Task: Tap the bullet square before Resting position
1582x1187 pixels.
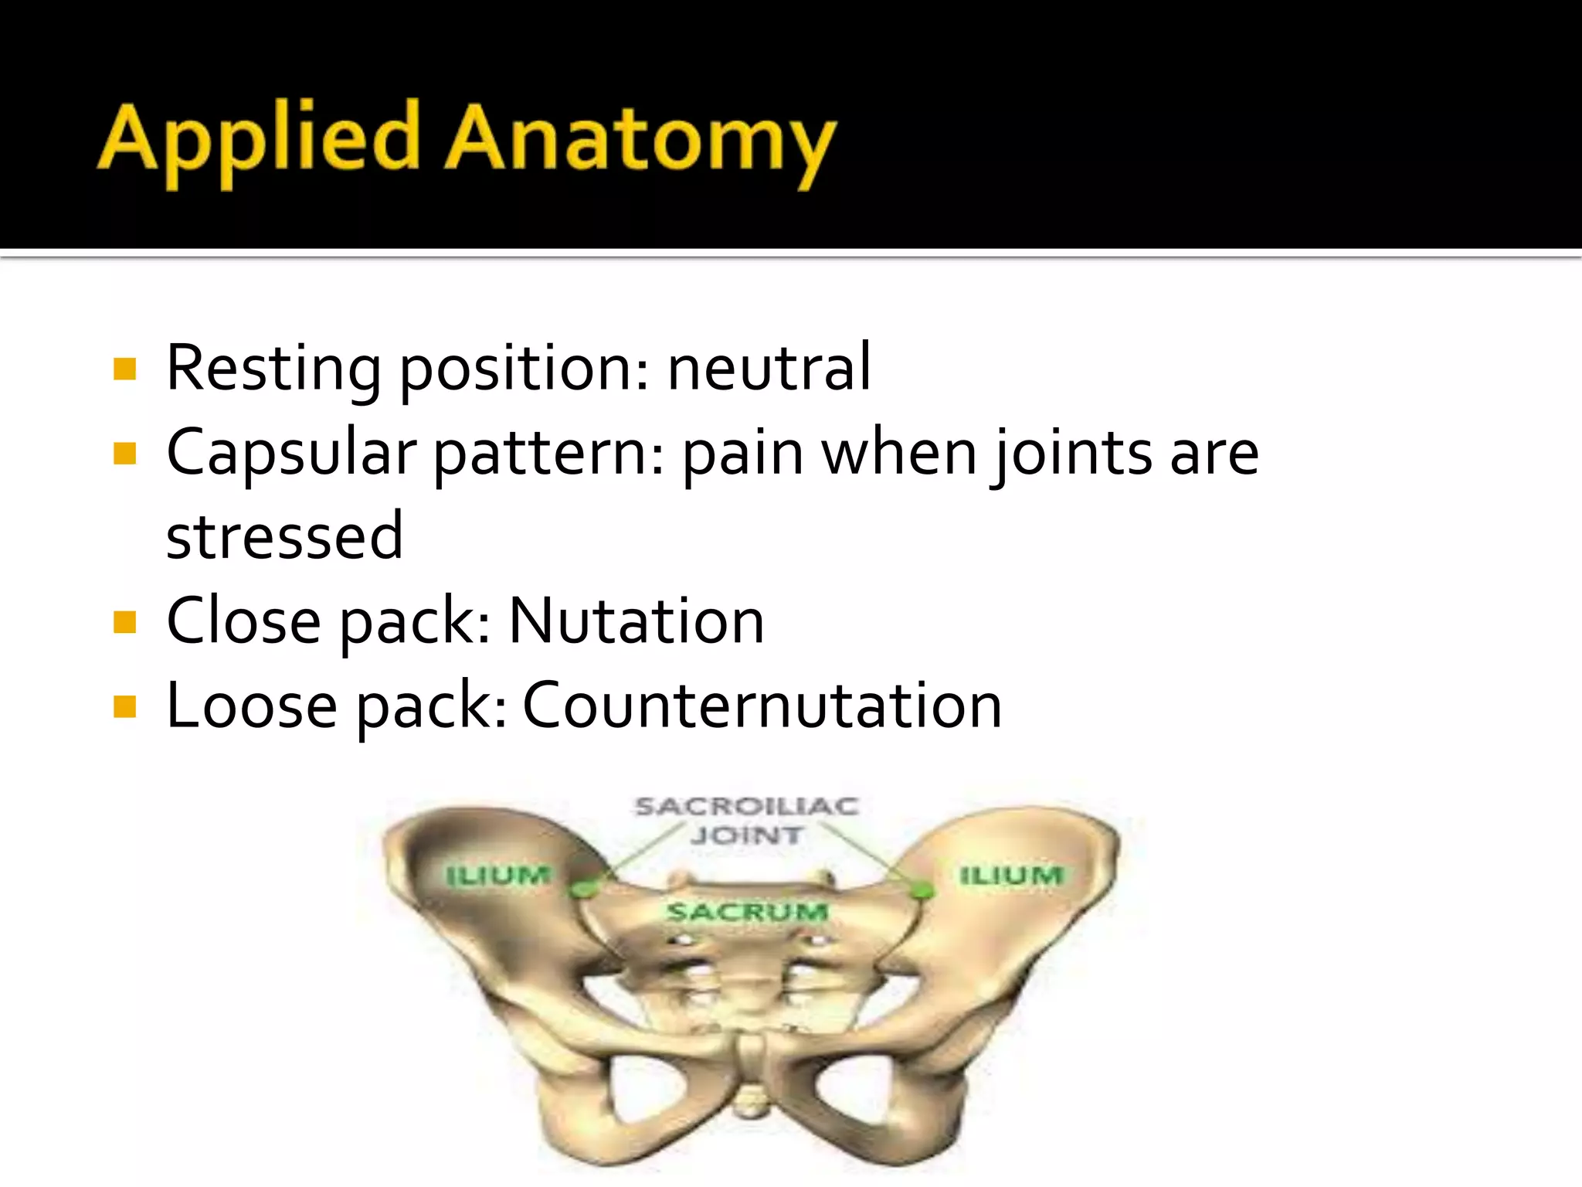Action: pos(124,369)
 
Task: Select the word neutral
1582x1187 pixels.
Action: pos(769,368)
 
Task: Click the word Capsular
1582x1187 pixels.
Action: pos(291,453)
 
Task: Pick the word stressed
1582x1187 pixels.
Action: pos(284,536)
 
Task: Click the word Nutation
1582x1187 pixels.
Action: pos(637,621)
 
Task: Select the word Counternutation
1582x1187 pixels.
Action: pos(762,706)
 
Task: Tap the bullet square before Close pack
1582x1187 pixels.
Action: pos(124,622)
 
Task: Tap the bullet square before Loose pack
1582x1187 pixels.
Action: pos(124,706)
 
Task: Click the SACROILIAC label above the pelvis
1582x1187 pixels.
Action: pos(746,807)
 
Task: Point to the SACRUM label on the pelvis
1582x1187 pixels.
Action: pos(747,912)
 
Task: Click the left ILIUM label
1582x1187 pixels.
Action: pos(498,876)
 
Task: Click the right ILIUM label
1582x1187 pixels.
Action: pos(1011,876)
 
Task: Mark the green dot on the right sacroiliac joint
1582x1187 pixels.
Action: pos(921,890)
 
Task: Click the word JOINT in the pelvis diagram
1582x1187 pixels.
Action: pos(746,835)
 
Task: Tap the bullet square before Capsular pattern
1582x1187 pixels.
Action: pos(124,453)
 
